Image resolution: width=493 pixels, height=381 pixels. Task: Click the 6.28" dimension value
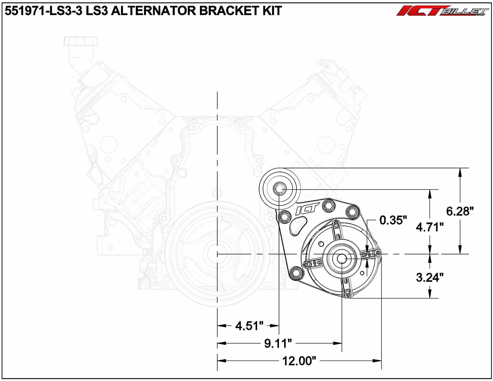pyautogui.click(x=460, y=211)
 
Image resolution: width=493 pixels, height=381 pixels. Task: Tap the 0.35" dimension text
pyautogui.click(x=393, y=220)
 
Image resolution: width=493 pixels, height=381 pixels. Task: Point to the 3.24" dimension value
pyautogui.click(x=429, y=277)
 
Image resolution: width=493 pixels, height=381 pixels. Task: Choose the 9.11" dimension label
pyautogui.click(x=278, y=343)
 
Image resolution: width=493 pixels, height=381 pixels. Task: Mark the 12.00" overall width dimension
pyautogui.click(x=299, y=361)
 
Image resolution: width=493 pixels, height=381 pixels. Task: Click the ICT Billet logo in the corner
pyautogui.click(x=442, y=11)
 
